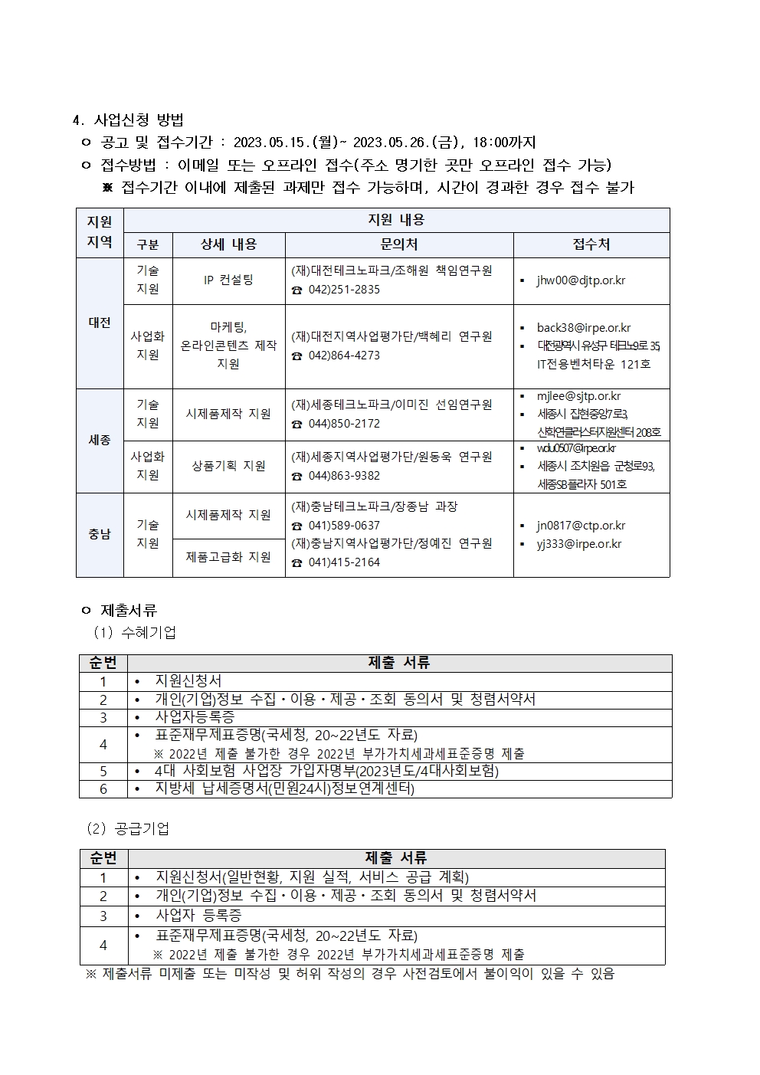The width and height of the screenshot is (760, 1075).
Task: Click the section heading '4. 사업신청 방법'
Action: (128, 120)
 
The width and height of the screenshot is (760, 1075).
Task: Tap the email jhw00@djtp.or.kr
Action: (581, 280)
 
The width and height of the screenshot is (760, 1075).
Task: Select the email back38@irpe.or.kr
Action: (584, 328)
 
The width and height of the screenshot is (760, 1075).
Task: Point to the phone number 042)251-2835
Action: (344, 290)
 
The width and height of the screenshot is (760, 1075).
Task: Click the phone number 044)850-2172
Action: (344, 424)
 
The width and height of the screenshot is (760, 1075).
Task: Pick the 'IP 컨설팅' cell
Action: (228, 280)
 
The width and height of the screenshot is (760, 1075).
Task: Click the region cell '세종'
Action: (100, 441)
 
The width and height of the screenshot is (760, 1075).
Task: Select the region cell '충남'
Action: (100, 534)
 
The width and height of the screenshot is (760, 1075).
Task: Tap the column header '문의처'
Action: (399, 244)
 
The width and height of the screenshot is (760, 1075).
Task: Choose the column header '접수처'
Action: (591, 244)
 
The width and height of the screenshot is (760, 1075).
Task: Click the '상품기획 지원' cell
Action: (228, 466)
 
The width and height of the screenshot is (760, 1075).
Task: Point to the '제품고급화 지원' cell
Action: (228, 557)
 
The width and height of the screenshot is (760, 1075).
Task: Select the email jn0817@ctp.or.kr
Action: (581, 526)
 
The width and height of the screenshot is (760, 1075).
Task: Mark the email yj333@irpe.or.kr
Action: (579, 544)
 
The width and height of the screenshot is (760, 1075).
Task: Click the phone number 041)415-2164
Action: (344, 562)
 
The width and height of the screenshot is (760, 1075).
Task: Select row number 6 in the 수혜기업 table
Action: (103, 788)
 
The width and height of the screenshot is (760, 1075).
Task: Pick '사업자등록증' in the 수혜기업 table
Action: (195, 717)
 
